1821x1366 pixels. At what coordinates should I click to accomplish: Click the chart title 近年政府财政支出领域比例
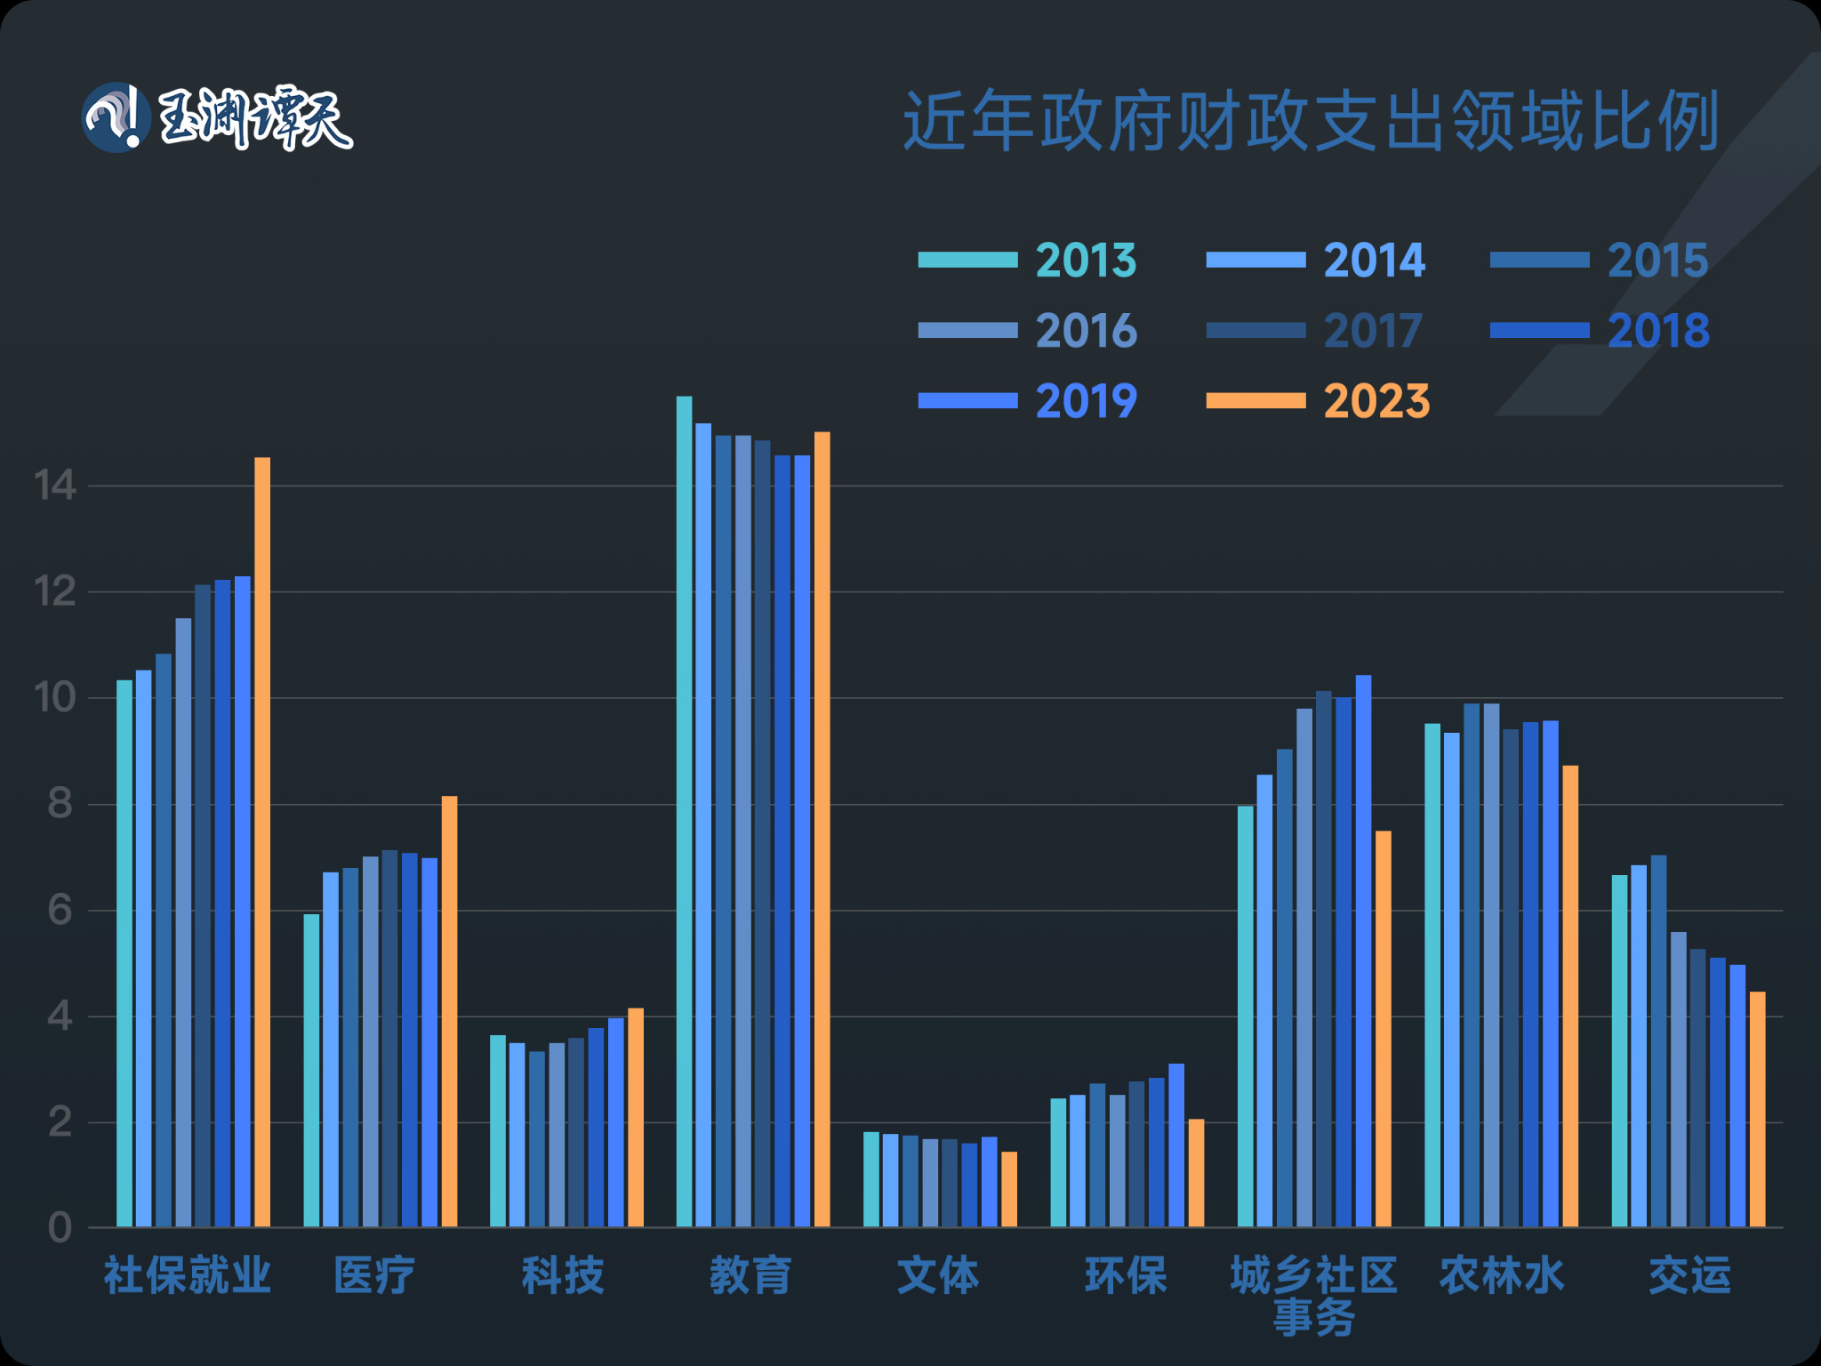pyautogui.click(x=1311, y=120)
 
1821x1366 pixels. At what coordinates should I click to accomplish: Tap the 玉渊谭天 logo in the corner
pyautogui.click(x=217, y=118)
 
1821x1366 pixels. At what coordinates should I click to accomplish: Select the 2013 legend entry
pyautogui.click(x=1028, y=260)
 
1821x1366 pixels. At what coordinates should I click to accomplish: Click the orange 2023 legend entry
pyautogui.click(x=1318, y=401)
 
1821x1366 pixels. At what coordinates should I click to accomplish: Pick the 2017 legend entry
pyautogui.click(x=1314, y=331)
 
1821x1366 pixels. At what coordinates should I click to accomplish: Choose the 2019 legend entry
pyautogui.click(x=1028, y=401)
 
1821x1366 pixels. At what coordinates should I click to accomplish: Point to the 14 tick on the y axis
pyautogui.click(x=55, y=486)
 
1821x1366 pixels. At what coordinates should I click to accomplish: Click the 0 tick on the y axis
pyautogui.click(x=60, y=1228)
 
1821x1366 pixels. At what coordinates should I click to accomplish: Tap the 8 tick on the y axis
pyautogui.click(x=60, y=804)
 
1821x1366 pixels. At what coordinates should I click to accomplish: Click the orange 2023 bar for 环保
pyautogui.click(x=1196, y=1173)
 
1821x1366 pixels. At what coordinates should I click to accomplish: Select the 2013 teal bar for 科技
pyautogui.click(x=498, y=1131)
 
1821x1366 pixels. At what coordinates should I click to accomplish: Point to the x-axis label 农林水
pyautogui.click(x=1501, y=1276)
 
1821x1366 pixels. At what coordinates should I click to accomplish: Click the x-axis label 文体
pyautogui.click(x=938, y=1276)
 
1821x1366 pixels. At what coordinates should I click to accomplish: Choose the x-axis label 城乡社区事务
pyautogui.click(x=1313, y=1295)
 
